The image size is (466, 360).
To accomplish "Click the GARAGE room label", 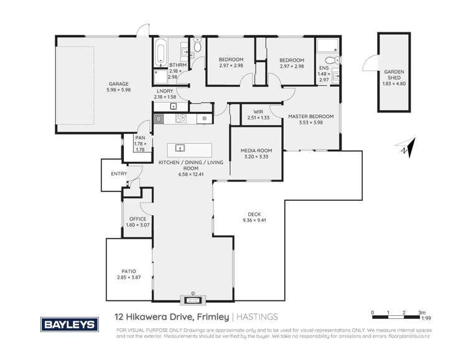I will pyautogui.click(x=118, y=84).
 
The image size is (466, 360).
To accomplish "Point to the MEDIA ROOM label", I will pyautogui.click(x=256, y=150).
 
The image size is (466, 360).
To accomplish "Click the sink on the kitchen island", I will pyautogui.click(x=179, y=148).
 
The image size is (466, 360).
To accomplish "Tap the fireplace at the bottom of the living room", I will pyautogui.click(x=192, y=300).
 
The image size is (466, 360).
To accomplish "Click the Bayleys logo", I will pyautogui.click(x=68, y=324).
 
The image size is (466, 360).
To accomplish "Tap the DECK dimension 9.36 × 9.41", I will pyautogui.click(x=254, y=219).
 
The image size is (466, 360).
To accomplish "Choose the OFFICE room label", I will pyautogui.click(x=137, y=219).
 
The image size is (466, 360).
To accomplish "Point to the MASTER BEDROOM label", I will pyautogui.click(x=310, y=116).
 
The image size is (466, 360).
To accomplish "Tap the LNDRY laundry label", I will pyautogui.click(x=165, y=92).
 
